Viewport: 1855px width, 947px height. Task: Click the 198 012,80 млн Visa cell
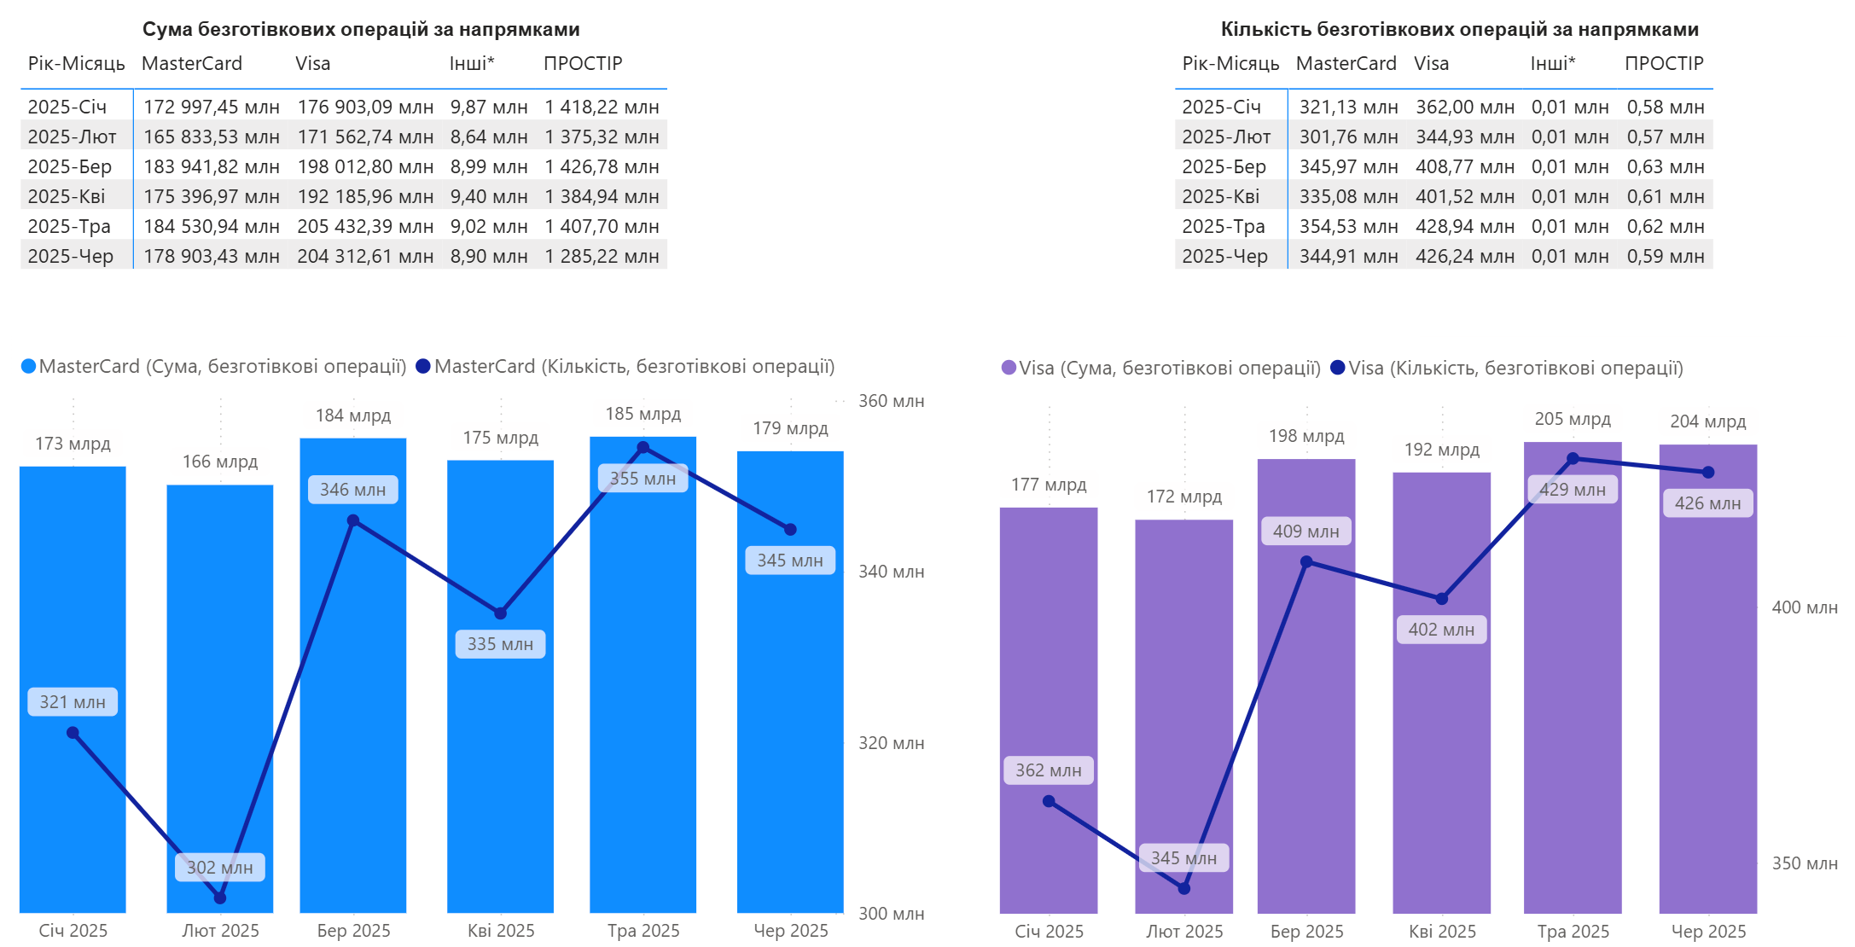pyautogui.click(x=365, y=166)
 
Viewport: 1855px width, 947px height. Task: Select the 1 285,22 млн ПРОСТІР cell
pyautogui.click(x=602, y=256)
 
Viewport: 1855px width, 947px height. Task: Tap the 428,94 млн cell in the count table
pyautogui.click(x=1464, y=226)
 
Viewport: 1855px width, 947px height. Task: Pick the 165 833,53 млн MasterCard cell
pyautogui.click(x=211, y=137)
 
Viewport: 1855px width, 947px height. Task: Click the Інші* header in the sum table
pyautogui.click(x=472, y=63)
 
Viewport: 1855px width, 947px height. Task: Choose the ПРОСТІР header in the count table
pyautogui.click(x=1663, y=63)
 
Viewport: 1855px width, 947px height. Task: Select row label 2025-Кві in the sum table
pyautogui.click(x=67, y=196)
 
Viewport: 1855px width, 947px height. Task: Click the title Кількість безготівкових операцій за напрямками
pyautogui.click(x=1459, y=29)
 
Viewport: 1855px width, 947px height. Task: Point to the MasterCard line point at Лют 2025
pyautogui.click(x=220, y=898)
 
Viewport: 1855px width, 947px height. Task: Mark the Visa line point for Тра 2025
pyautogui.click(x=1573, y=459)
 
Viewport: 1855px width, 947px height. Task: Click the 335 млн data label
pyautogui.click(x=500, y=644)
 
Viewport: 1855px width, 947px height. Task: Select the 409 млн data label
pyautogui.click(x=1305, y=532)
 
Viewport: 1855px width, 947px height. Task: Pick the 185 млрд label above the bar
pyautogui.click(x=643, y=414)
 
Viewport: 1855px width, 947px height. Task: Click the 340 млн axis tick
pyautogui.click(x=891, y=572)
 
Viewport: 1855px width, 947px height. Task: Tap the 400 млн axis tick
pyautogui.click(x=1804, y=607)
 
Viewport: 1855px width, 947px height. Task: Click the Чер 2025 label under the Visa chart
pyautogui.click(x=1708, y=931)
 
